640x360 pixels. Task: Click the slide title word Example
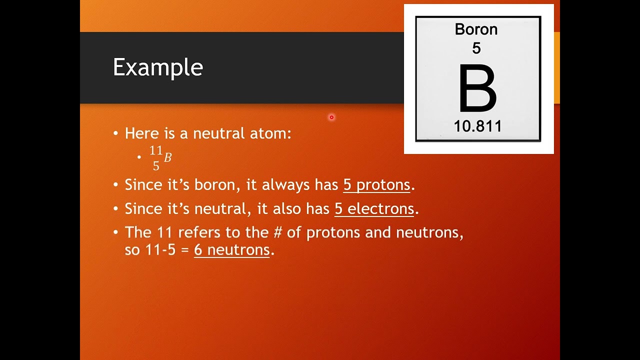(x=157, y=67)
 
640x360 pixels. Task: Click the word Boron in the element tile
(x=476, y=29)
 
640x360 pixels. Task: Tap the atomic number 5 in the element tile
(x=476, y=48)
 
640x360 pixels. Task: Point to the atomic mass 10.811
(x=477, y=126)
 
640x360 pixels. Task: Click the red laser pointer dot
(x=331, y=117)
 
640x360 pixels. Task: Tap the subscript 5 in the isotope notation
(x=156, y=166)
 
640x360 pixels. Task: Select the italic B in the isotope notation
(x=167, y=158)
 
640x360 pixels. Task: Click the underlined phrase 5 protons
(x=376, y=185)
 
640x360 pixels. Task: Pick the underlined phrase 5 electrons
(x=374, y=208)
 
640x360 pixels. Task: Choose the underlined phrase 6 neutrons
(x=232, y=249)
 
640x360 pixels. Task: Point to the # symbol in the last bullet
(x=278, y=232)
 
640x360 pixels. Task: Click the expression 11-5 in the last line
(x=160, y=249)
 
